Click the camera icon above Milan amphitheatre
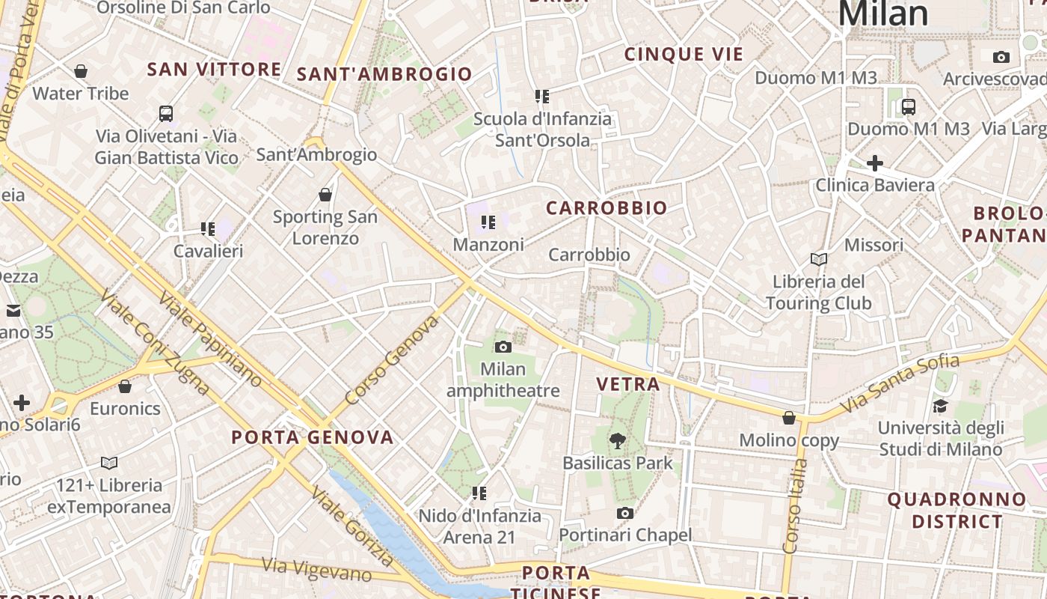(x=503, y=347)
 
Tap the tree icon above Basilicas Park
(x=617, y=441)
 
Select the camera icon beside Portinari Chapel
(x=625, y=513)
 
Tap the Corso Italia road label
(x=795, y=506)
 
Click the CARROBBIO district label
(x=607, y=208)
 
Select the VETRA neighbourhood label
(x=628, y=385)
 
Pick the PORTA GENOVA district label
(x=313, y=437)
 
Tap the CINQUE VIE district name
(x=684, y=54)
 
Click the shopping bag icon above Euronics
(x=125, y=386)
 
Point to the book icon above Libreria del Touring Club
(x=819, y=259)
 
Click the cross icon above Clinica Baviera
(x=874, y=162)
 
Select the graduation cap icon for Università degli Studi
(x=940, y=406)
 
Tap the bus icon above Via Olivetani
(x=166, y=114)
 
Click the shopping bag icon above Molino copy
(x=789, y=418)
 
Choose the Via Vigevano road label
(x=316, y=570)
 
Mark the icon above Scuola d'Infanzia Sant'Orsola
(x=542, y=96)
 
